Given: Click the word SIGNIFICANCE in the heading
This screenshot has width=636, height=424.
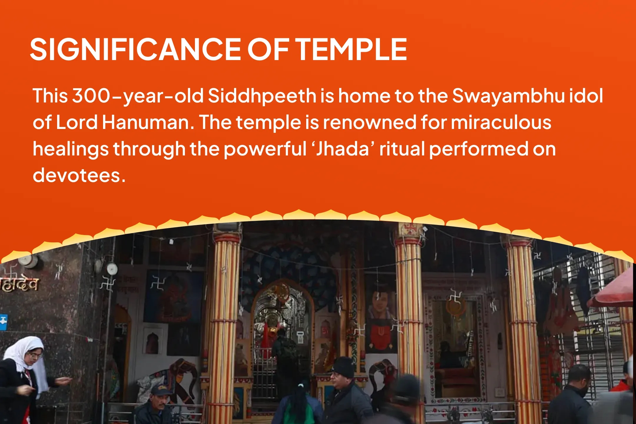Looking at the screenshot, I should tap(135, 49).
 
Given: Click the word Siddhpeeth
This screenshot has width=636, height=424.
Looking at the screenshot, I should tap(262, 96).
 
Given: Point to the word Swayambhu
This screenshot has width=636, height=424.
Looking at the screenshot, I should tap(508, 96).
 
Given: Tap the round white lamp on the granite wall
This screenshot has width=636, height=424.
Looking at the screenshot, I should tap(112, 269).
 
